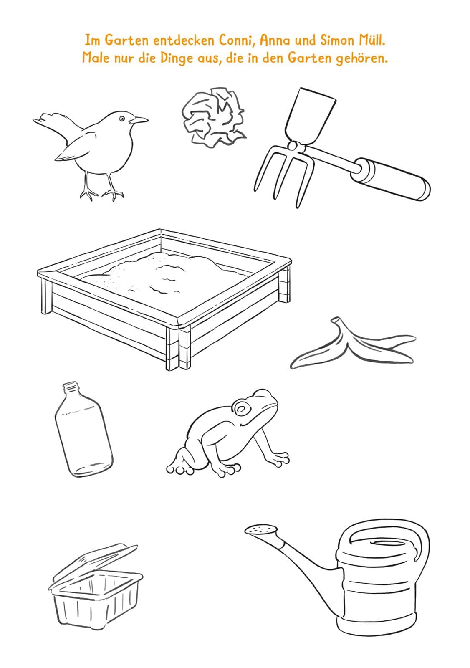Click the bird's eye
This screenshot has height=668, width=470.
(x=122, y=119)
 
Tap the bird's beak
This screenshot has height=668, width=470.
(x=139, y=120)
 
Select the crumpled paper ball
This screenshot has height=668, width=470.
(x=214, y=116)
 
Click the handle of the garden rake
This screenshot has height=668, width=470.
(x=391, y=179)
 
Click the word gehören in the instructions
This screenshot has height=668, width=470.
(x=362, y=58)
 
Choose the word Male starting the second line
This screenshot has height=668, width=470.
(x=96, y=58)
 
